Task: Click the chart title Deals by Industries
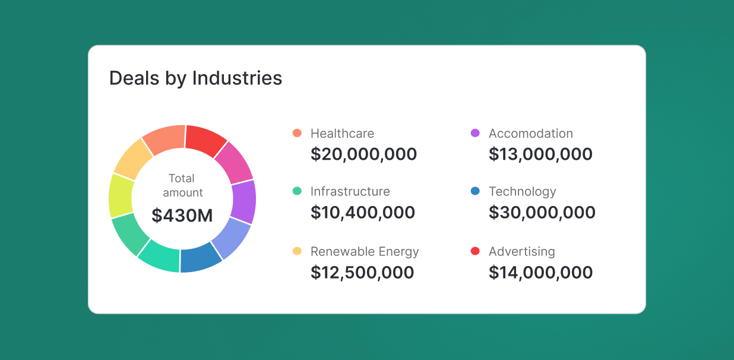195,78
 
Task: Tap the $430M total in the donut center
182,215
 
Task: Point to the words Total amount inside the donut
182,185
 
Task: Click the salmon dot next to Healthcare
298,133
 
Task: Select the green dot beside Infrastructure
298,191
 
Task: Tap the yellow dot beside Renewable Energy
298,251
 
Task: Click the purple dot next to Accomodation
475,133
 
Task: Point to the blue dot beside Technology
475,191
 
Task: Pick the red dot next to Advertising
475,251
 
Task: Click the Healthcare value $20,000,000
363,154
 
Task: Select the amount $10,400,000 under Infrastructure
363,213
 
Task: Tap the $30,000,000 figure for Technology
542,213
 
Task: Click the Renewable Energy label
365,251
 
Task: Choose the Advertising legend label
521,251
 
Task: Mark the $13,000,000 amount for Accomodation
540,154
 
